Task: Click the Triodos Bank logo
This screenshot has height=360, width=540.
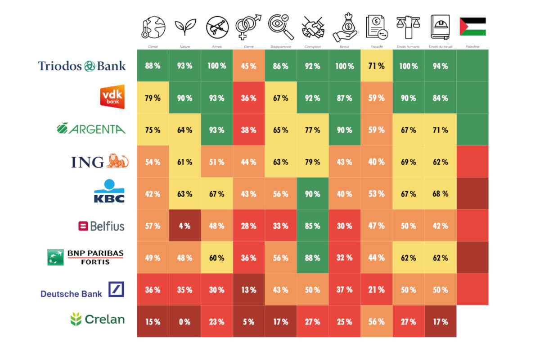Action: coord(82,66)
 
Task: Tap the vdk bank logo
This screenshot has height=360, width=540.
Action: coord(112,96)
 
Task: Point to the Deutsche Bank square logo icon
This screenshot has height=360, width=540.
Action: coord(116,289)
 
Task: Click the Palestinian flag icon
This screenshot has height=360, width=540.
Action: coord(472,27)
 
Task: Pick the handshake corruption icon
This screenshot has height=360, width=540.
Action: coord(313,27)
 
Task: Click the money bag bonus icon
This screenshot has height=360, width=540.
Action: coord(345,27)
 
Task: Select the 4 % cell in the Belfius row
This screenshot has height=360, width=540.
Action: coord(184,226)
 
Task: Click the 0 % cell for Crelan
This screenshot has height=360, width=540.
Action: coord(184,322)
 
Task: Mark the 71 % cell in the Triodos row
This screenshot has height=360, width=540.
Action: coord(376,66)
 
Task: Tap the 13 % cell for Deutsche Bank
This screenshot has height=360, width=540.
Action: coord(248,290)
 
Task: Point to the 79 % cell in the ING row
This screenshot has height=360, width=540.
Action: coord(312,162)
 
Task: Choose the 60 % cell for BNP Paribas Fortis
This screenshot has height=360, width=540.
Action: coord(216,258)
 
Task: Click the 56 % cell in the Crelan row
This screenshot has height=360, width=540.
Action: coord(376,322)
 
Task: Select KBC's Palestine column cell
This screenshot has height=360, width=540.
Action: coord(472,193)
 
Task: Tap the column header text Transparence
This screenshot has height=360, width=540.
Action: coord(280,47)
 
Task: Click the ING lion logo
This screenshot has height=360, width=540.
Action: coord(117,161)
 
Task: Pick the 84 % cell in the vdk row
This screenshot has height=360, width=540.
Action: coord(440,98)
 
